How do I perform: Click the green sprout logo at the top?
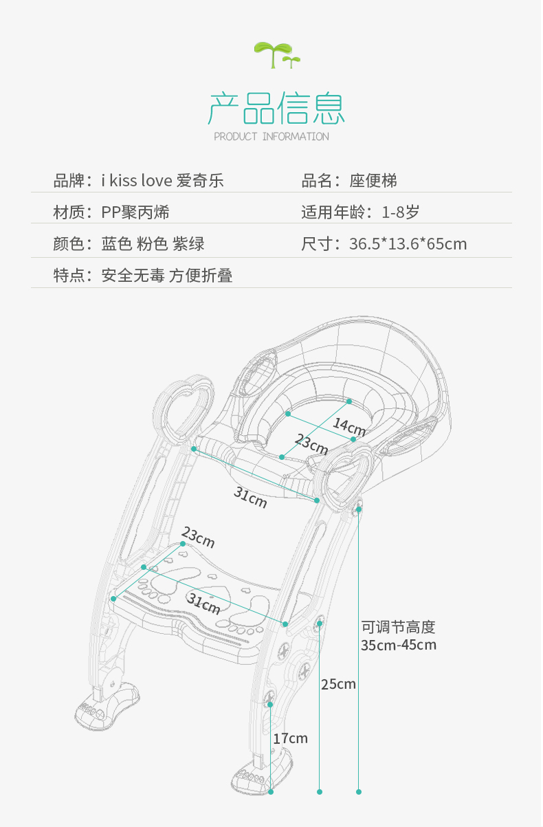(x=276, y=54)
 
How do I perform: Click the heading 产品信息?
(x=276, y=109)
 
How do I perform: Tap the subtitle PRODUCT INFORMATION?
(x=271, y=137)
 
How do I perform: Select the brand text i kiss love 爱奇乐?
(x=162, y=181)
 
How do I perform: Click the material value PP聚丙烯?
(x=135, y=212)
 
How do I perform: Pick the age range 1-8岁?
(x=401, y=212)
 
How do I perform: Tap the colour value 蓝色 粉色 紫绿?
(x=153, y=244)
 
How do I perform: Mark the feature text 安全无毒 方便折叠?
(x=167, y=276)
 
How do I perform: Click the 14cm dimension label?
(x=349, y=424)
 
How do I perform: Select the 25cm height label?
(x=338, y=684)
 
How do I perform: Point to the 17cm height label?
(x=290, y=738)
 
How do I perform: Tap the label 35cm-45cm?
(x=399, y=645)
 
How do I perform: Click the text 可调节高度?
(x=399, y=627)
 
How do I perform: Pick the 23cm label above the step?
(x=198, y=539)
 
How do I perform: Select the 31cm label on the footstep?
(x=204, y=604)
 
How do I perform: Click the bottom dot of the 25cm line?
(x=320, y=792)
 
